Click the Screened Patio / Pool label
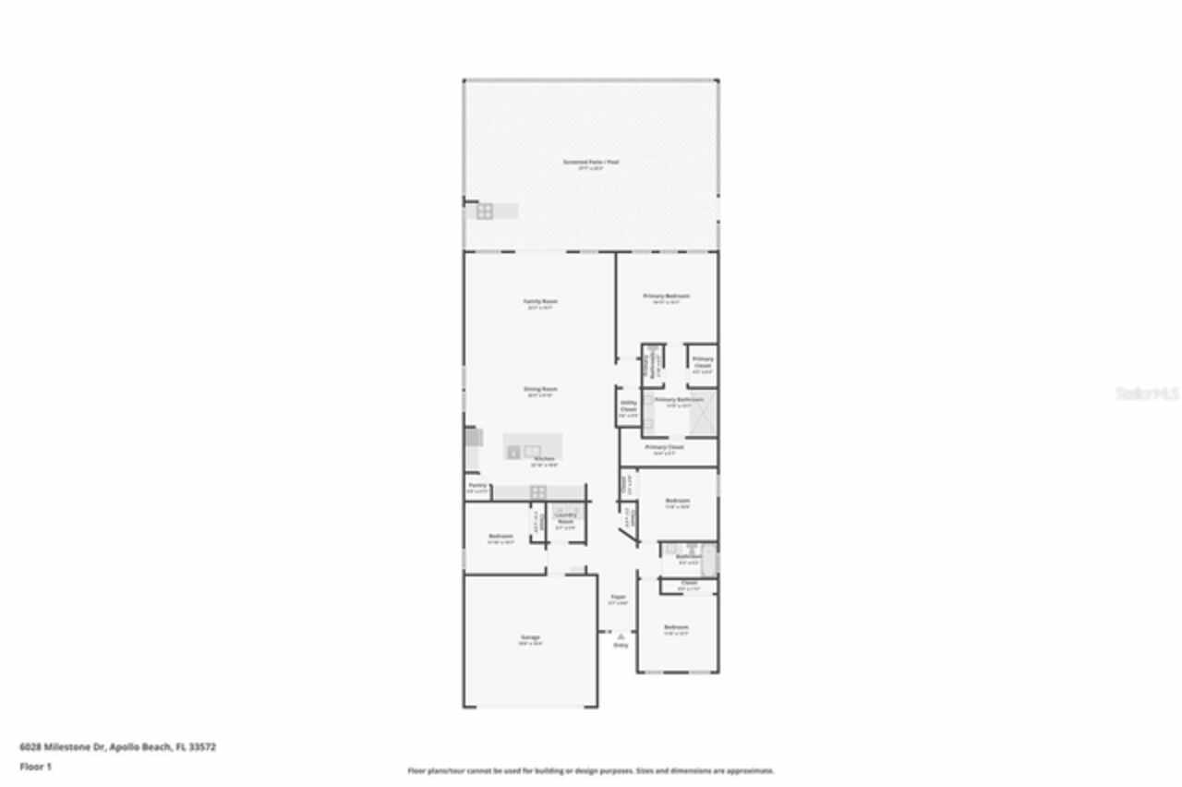(x=591, y=162)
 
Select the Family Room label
(x=541, y=301)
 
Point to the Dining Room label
(x=540, y=389)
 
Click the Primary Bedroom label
(x=667, y=297)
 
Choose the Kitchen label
(x=544, y=459)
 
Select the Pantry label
(x=477, y=485)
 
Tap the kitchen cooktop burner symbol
(x=537, y=491)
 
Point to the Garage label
(x=530, y=637)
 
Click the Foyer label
(x=618, y=597)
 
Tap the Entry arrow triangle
(x=621, y=636)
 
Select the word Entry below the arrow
(x=621, y=645)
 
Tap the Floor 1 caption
(x=36, y=766)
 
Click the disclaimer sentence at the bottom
(x=591, y=770)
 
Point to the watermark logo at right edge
(x=1149, y=393)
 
